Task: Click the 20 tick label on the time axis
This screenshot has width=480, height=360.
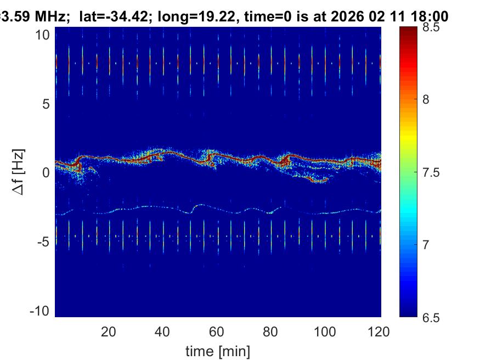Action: click(x=109, y=331)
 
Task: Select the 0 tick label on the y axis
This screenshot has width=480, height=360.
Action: click(x=46, y=172)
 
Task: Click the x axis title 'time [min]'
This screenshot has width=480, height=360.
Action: click(x=218, y=350)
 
